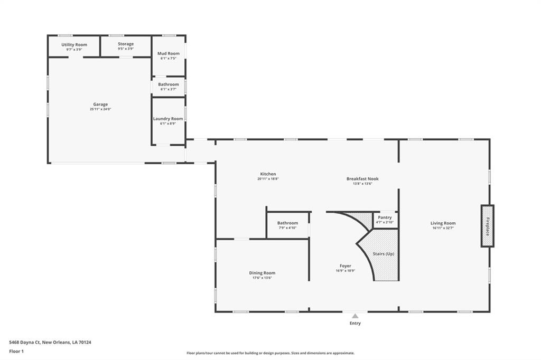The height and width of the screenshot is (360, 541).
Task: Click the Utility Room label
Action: click(x=74, y=45)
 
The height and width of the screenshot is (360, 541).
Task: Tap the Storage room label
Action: click(x=126, y=44)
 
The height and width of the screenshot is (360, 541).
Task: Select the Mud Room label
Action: click(x=169, y=53)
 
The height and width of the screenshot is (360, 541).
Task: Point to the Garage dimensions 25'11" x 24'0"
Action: click(x=100, y=109)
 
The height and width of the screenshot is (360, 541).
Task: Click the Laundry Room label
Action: click(x=168, y=119)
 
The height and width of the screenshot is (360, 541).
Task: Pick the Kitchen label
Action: click(x=268, y=174)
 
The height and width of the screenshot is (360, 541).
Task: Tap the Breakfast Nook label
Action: click(x=362, y=178)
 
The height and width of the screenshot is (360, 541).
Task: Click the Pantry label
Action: click(x=385, y=217)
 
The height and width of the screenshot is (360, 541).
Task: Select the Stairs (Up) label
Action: click(x=384, y=254)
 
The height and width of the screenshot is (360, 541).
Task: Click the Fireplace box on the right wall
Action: click(x=488, y=226)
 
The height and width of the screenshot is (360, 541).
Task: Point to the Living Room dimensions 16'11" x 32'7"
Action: click(x=443, y=228)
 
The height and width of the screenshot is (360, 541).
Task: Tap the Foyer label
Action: click(x=346, y=266)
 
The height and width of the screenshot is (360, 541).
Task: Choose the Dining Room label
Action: click(x=262, y=273)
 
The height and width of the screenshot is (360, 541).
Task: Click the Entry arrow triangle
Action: click(x=355, y=316)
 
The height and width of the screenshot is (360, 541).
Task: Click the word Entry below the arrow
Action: click(x=355, y=324)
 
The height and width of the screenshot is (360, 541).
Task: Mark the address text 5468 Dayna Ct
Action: click(x=25, y=343)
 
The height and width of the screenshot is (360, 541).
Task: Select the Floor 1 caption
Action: click(x=16, y=352)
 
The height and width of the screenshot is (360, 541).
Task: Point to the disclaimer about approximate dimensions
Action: click(x=270, y=353)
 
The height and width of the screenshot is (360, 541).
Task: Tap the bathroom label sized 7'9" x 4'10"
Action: click(x=287, y=223)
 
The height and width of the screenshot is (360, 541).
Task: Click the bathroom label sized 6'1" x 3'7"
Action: click(x=169, y=84)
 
